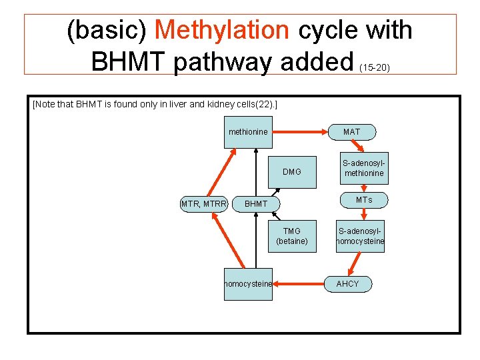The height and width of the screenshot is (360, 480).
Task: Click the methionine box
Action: (248, 131)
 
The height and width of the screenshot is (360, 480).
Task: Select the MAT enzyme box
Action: (351, 131)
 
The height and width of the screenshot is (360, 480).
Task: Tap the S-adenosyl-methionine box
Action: (363, 168)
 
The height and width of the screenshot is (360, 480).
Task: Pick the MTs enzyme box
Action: (363, 200)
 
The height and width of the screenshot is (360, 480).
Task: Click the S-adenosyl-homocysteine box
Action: (361, 235)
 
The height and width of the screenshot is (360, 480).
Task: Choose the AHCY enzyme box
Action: (347, 283)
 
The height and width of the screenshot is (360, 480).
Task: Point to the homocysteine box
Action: (248, 283)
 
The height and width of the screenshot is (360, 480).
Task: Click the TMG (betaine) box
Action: (292, 235)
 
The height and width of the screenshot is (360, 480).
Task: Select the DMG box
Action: (292, 171)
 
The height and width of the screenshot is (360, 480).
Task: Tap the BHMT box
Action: (256, 203)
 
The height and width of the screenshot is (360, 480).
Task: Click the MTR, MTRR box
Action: (204, 203)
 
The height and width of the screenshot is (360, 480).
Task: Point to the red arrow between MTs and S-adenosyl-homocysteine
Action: (364, 214)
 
